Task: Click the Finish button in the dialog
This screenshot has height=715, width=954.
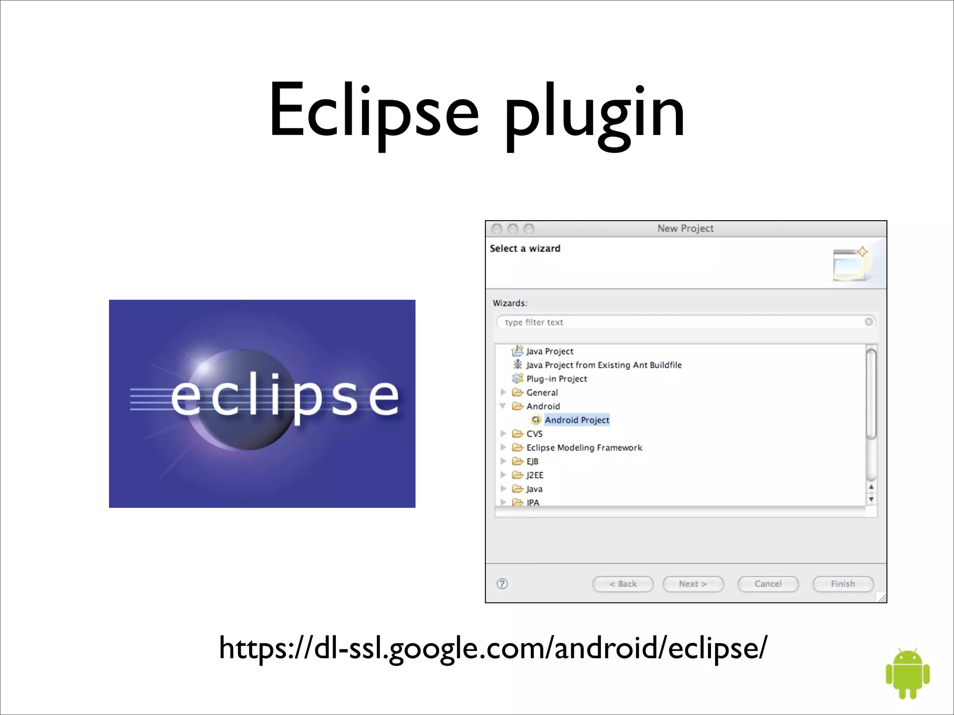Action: click(843, 584)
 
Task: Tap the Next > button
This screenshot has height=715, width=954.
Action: click(693, 584)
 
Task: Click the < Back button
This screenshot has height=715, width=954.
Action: click(623, 584)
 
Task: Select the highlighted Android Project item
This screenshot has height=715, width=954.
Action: click(577, 420)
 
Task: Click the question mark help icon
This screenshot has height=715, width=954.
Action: click(502, 584)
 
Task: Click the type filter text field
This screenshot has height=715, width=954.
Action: click(680, 322)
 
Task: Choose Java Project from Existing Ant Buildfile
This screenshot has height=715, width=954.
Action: click(604, 365)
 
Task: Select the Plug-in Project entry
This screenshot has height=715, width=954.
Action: click(556, 379)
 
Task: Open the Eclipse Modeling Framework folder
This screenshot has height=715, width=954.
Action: click(584, 447)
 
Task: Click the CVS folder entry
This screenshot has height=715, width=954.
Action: click(534, 434)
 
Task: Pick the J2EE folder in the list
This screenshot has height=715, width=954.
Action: click(534, 475)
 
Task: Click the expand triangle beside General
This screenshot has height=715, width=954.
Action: click(503, 392)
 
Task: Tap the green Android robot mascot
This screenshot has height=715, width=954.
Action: click(907, 673)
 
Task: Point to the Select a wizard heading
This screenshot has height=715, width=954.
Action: click(525, 249)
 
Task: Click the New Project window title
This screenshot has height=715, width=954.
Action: click(685, 229)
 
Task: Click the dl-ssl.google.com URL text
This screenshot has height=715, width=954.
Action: click(493, 648)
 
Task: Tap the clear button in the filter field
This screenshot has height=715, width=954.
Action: click(869, 322)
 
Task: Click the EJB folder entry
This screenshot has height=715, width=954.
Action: click(532, 461)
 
